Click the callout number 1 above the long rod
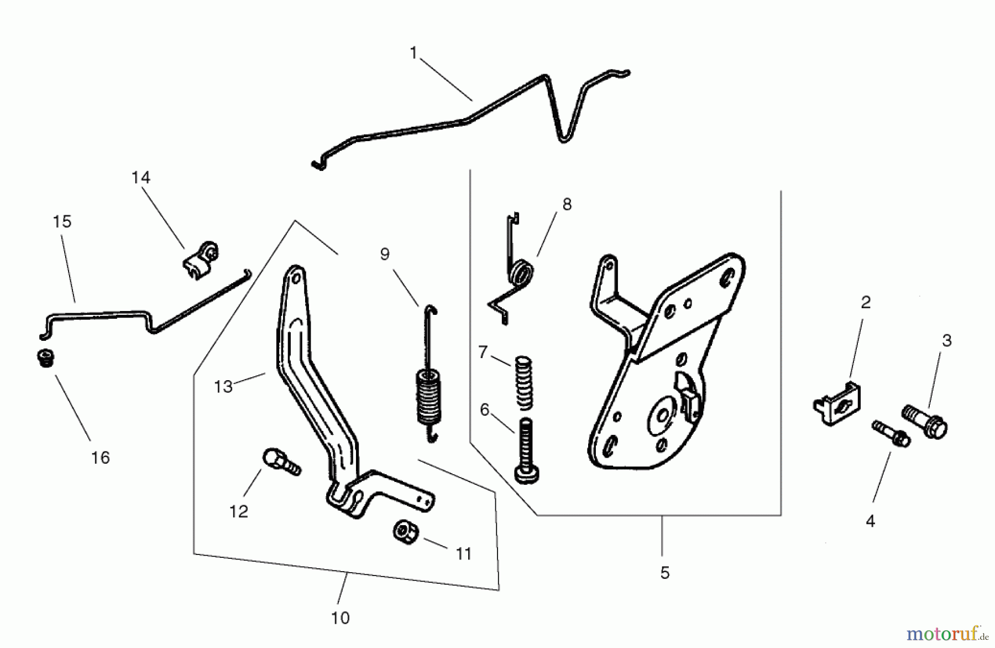pyautogui.click(x=413, y=53)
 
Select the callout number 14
pyautogui.click(x=140, y=178)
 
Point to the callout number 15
pyautogui.click(x=62, y=222)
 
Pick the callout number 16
pyautogui.click(x=100, y=458)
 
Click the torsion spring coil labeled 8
pyautogui.click(x=522, y=274)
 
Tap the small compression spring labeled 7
pyautogui.click(x=523, y=382)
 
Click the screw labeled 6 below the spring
pyautogui.click(x=526, y=450)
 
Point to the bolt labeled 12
pyautogui.click(x=280, y=462)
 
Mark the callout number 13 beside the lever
pyautogui.click(x=223, y=386)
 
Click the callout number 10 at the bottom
pyautogui.click(x=341, y=618)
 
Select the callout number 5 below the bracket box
pyautogui.click(x=664, y=573)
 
